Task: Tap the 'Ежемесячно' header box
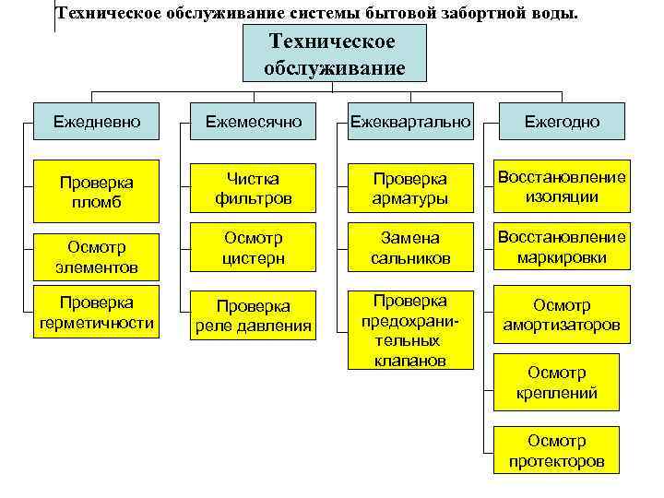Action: pos(255,121)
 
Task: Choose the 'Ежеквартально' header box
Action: pos(409,121)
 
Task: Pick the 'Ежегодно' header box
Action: pos(561,121)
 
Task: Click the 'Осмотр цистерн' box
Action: pos(255,248)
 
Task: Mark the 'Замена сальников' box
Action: pos(409,248)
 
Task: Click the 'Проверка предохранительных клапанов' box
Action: pos(409,330)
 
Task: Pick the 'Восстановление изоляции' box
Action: pos(561,186)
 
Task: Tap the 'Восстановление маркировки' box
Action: pos(561,247)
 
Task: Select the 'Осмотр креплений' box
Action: pos(556,383)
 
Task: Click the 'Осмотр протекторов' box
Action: pos(556,451)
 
